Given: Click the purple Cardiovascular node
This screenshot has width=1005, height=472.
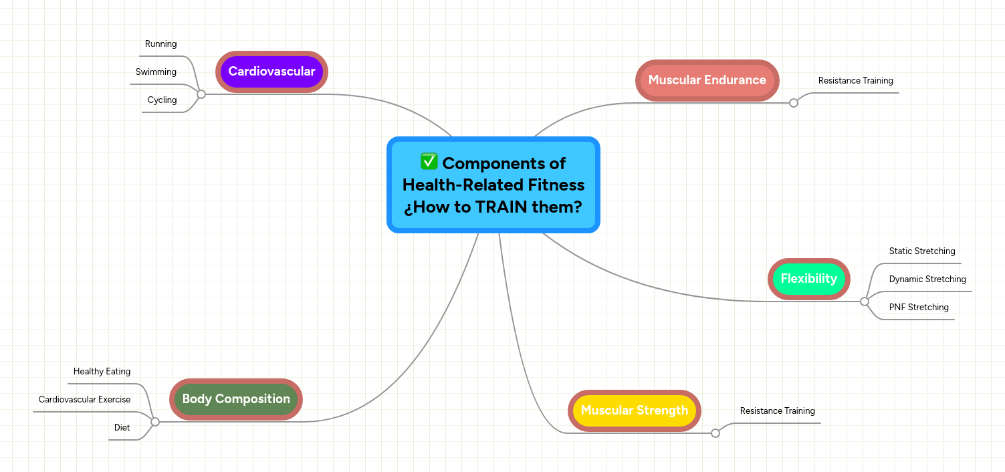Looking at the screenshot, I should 271,72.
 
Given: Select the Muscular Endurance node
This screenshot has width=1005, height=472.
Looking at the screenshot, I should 707,80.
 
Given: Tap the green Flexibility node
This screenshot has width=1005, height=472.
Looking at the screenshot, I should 808,279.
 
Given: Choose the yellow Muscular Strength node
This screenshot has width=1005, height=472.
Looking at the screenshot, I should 634,410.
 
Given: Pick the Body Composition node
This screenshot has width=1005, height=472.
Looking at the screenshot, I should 236,399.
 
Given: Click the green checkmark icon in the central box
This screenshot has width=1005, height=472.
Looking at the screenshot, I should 429,162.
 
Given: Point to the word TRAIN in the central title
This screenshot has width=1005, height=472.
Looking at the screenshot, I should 501,207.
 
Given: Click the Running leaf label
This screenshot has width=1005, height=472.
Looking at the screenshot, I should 161,44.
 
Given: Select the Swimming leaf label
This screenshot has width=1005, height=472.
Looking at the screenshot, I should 156,72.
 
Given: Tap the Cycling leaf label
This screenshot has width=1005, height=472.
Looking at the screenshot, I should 162,100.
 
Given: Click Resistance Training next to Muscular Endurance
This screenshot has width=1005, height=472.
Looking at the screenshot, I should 855,81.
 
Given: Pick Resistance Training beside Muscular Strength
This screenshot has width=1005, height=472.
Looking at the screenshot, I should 777,411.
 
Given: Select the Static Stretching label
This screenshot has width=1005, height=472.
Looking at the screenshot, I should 921,251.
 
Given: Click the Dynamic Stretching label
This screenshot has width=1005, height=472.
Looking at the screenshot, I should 927,279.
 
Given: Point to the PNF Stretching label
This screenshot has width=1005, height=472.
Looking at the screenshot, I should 918,308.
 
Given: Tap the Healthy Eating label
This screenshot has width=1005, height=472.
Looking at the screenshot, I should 102,372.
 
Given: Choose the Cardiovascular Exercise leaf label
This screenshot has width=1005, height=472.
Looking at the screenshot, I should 84,400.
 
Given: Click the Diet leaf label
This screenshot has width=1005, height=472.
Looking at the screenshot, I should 122,428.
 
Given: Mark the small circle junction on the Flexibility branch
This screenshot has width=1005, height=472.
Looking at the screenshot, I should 864,302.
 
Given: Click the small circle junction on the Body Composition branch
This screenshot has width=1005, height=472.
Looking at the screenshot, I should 155,422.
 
